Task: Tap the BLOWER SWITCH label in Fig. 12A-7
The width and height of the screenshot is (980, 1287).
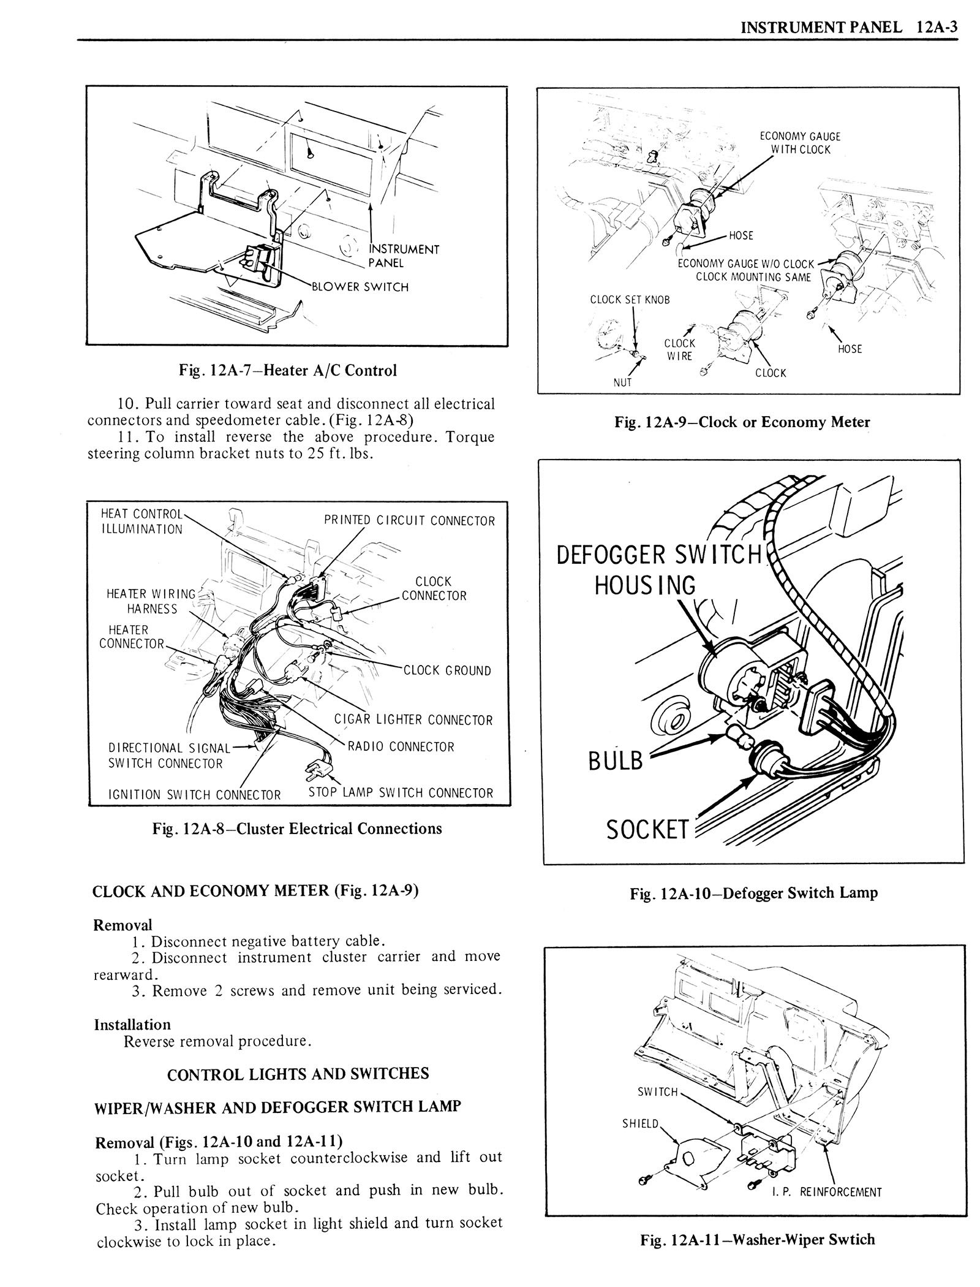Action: [360, 287]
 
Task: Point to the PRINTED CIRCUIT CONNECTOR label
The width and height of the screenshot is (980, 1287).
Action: [409, 521]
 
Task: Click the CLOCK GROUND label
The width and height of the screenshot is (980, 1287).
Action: [447, 670]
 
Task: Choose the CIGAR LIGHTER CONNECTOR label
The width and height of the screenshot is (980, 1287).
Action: [413, 719]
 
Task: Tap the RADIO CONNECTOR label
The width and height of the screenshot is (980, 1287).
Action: [401, 746]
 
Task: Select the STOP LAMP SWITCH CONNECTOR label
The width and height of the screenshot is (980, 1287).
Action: [401, 792]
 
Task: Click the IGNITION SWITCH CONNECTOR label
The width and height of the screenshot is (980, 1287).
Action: [194, 795]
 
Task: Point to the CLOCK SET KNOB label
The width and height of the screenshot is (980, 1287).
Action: [630, 300]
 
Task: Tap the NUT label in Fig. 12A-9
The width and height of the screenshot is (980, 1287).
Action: [622, 382]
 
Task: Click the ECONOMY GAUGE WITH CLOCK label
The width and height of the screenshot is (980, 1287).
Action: [800, 143]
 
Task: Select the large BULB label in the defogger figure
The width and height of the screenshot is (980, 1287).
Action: [616, 761]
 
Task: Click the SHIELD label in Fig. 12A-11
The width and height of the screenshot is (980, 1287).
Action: [641, 1123]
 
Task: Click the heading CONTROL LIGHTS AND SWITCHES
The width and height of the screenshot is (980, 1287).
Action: [298, 1074]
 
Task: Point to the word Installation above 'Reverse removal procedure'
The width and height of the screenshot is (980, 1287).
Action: [132, 1024]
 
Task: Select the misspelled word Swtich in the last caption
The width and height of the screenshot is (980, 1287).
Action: [851, 1252]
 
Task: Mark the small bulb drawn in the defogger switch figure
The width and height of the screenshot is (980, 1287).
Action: [734, 734]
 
